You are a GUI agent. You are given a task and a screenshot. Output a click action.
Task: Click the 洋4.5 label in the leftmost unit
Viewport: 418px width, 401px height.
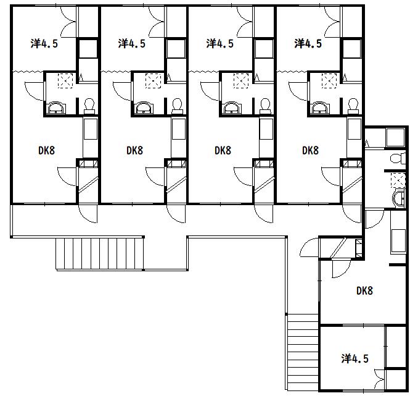(x=44, y=43)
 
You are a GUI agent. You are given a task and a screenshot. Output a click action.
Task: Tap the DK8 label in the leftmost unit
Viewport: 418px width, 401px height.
(x=47, y=150)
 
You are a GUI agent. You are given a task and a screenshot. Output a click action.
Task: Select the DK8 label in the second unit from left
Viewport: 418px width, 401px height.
(x=134, y=150)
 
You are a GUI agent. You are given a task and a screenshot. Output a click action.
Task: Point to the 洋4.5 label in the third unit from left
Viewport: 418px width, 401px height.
(x=220, y=43)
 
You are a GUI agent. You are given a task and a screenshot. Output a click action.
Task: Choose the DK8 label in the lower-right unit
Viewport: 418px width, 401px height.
(x=364, y=290)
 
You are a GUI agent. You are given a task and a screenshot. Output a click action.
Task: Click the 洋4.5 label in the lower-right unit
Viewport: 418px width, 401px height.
(x=355, y=358)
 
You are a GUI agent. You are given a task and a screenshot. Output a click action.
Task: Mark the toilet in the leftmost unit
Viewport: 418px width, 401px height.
(x=89, y=106)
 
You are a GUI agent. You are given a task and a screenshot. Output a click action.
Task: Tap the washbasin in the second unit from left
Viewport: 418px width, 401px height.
(x=144, y=108)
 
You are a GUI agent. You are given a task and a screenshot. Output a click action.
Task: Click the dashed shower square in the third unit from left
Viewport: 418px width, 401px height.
(x=241, y=80)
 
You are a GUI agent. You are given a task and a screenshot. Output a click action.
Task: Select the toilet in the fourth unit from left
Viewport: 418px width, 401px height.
(x=353, y=106)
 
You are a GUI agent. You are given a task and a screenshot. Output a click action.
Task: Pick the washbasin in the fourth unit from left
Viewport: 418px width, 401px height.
(x=320, y=108)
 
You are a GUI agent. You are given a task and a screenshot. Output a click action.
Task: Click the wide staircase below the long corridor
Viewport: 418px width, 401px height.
(x=100, y=254)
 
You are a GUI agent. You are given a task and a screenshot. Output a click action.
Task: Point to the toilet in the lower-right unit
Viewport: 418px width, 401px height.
(x=398, y=158)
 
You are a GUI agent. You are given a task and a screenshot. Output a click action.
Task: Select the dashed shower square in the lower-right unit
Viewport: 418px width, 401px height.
(x=398, y=180)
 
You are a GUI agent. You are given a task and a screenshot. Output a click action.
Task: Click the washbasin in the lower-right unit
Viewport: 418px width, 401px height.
(x=399, y=199)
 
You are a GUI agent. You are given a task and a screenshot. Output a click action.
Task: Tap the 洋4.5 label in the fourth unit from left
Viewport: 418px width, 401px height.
(x=308, y=43)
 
